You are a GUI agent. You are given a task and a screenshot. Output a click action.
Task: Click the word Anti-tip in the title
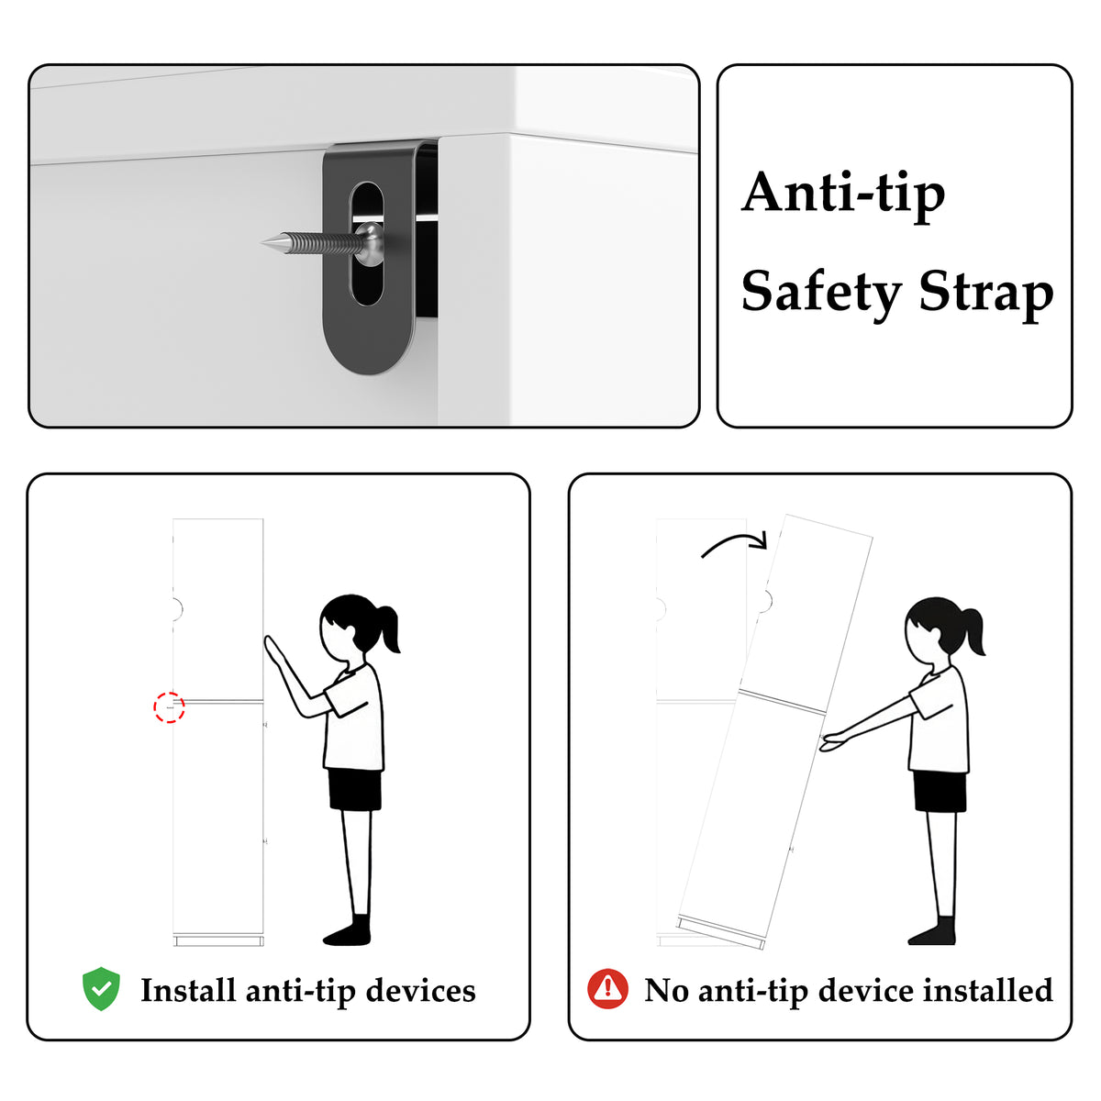click(x=843, y=195)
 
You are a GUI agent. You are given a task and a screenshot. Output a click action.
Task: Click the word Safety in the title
click(x=820, y=294)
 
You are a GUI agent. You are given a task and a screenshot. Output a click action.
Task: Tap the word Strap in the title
click(x=986, y=294)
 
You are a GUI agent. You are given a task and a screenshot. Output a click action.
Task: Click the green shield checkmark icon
click(x=101, y=989)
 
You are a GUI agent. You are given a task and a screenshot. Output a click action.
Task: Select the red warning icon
click(x=607, y=989)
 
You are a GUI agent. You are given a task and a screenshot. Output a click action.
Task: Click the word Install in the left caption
click(x=188, y=991)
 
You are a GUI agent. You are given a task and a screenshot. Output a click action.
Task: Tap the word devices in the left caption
click(x=420, y=991)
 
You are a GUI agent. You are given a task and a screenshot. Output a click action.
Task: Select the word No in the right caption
click(x=666, y=990)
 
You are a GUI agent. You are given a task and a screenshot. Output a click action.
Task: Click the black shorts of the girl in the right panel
click(x=940, y=791)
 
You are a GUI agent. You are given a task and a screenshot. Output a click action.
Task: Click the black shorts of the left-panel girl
click(x=355, y=789)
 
